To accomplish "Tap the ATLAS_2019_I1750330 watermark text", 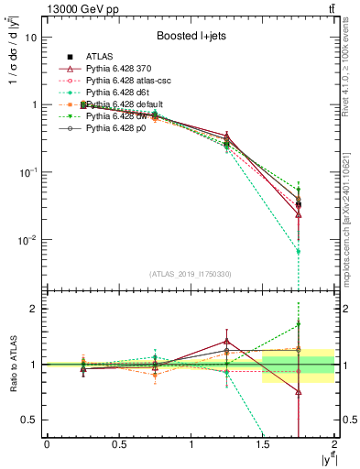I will [189, 274].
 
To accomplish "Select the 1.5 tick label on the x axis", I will [263, 444].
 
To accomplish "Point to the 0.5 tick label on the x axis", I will [118, 444].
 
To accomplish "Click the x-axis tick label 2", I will [335, 444].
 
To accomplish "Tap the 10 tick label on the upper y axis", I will [31, 38].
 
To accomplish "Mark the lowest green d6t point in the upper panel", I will [299, 251].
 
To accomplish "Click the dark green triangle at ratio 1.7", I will [299, 325].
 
